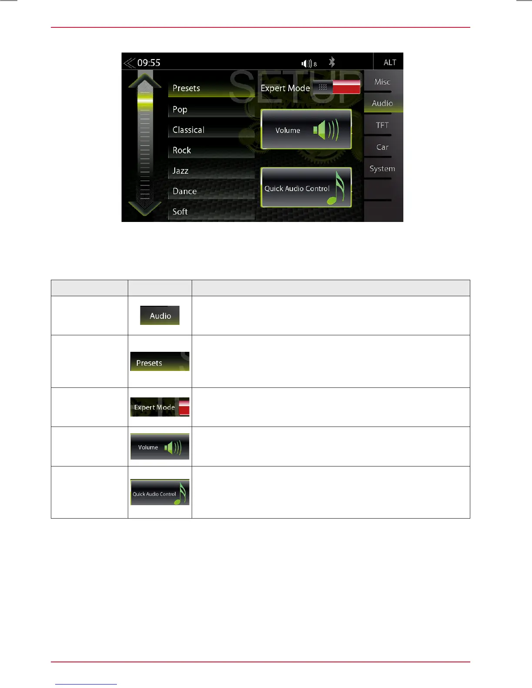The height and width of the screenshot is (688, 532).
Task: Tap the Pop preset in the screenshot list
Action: coord(180,109)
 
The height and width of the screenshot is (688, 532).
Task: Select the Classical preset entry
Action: coord(188,130)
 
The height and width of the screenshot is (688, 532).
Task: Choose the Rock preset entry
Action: coord(182,150)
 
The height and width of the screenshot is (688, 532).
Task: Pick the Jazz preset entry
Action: coord(180,171)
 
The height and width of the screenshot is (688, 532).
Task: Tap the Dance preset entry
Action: coord(185,191)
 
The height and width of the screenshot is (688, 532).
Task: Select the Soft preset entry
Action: coord(180,212)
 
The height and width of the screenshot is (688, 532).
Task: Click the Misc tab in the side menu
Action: coord(382,82)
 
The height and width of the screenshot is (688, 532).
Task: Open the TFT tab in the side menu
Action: coord(382,125)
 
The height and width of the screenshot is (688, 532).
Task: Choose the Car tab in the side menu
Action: coord(382,147)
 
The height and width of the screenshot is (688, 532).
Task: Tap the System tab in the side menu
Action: coord(382,169)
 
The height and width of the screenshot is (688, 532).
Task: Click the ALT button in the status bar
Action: coord(389,62)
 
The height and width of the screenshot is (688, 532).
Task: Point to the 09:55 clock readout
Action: coord(149,63)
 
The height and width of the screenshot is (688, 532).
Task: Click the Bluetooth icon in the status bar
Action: coord(332,62)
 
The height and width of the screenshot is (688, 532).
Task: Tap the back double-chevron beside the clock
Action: coord(129,63)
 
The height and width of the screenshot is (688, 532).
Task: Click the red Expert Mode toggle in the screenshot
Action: coord(346,87)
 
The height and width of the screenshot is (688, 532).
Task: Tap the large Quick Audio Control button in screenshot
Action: coord(306,188)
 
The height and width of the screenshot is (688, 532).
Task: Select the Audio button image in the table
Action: coord(160,316)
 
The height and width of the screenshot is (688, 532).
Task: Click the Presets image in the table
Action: coord(160,362)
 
